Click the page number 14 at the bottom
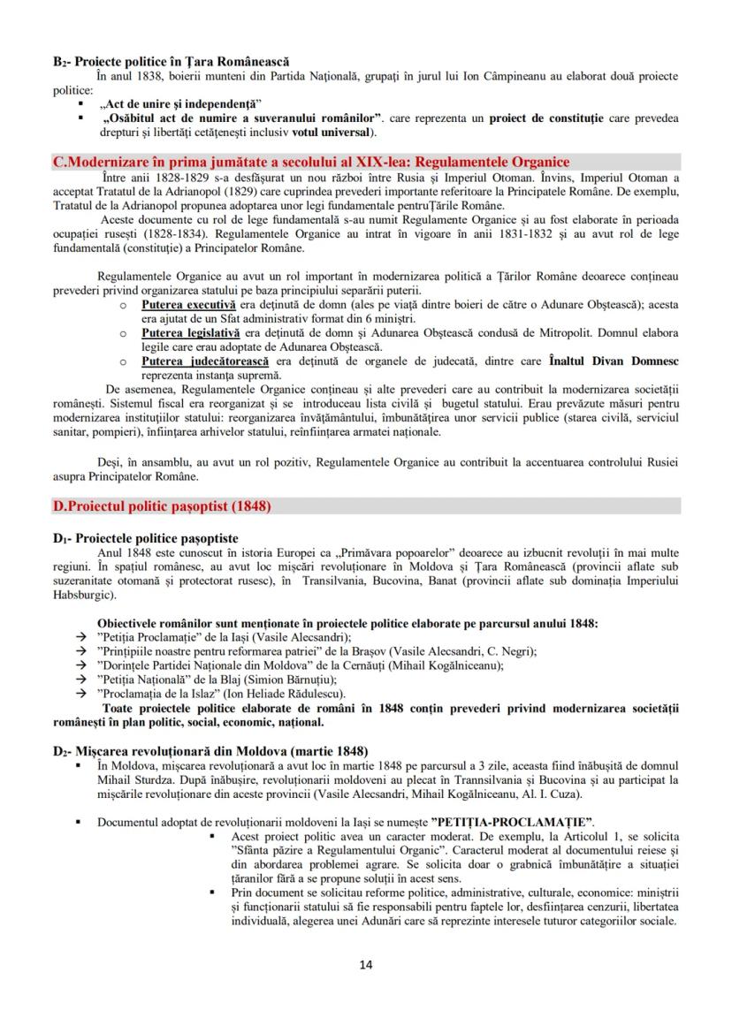366,964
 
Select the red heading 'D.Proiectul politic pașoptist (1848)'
163,506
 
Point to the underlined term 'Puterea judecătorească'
195,361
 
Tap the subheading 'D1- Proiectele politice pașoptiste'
145,538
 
